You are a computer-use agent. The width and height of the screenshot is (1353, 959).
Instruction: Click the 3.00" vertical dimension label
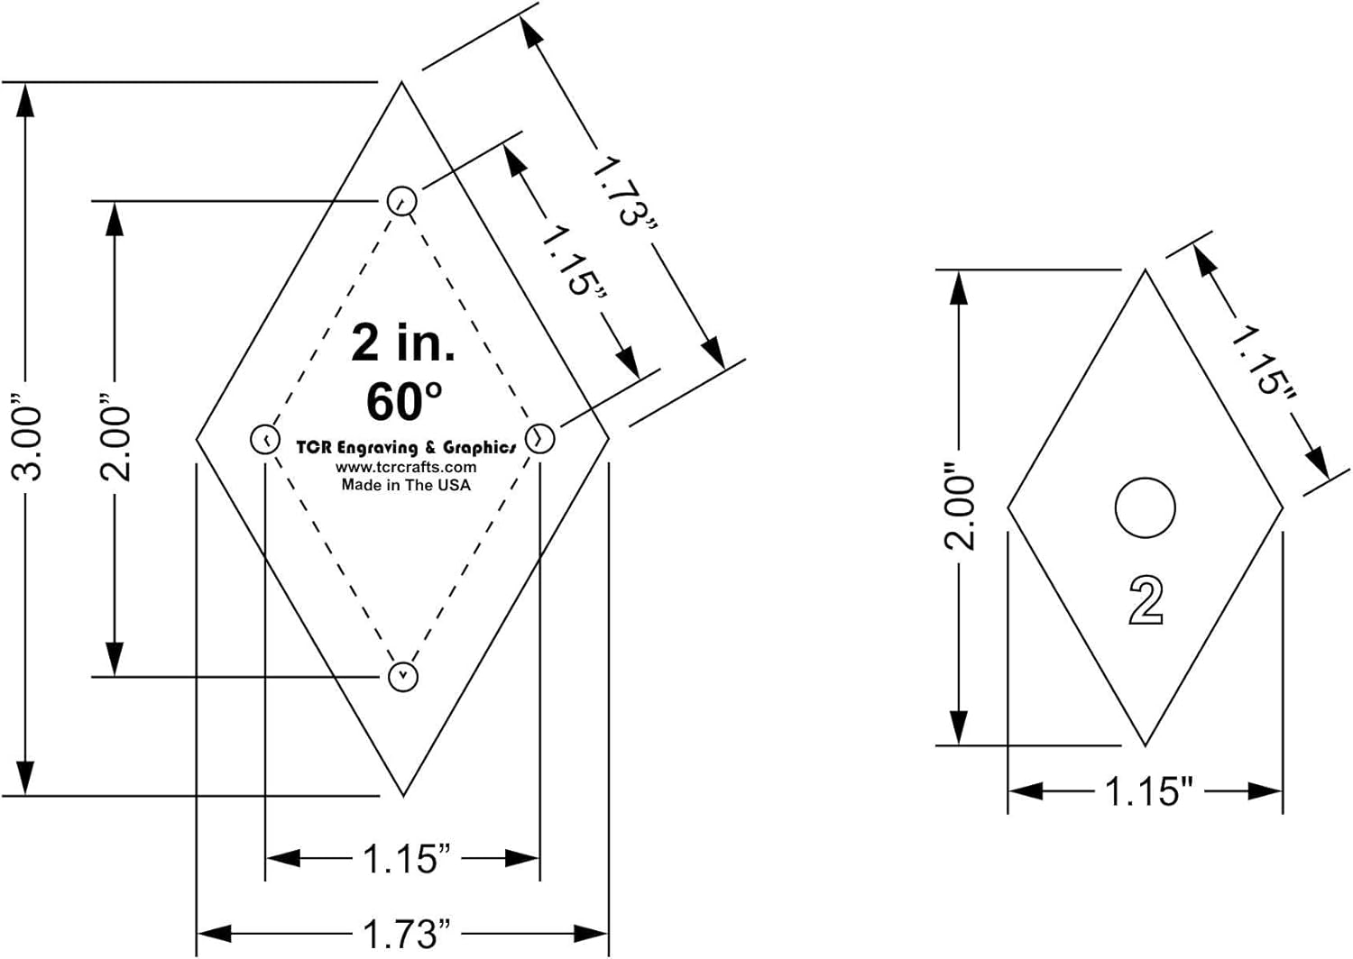click(28, 438)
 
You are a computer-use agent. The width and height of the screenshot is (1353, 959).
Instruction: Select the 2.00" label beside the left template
click(116, 438)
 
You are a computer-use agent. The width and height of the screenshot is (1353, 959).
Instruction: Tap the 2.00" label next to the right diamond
click(960, 508)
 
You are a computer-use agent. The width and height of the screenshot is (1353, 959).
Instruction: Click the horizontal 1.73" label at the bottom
click(405, 934)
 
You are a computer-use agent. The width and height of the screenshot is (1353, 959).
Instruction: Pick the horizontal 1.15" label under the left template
click(405, 859)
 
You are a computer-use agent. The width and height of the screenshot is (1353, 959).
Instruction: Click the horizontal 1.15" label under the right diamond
click(1148, 791)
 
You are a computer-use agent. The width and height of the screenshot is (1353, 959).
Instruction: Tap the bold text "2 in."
click(403, 343)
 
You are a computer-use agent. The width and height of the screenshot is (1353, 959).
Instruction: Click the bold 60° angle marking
click(404, 401)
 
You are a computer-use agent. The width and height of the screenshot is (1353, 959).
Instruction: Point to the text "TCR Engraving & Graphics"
click(406, 447)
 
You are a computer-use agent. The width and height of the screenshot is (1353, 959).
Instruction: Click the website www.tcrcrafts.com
click(406, 467)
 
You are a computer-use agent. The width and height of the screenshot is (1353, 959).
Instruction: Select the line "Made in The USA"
click(406, 485)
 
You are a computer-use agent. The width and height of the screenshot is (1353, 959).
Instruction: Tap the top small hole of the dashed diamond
click(401, 201)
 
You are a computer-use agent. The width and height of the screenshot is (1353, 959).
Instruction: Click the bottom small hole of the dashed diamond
click(402, 676)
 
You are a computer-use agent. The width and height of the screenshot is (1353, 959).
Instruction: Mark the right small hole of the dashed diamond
click(539, 439)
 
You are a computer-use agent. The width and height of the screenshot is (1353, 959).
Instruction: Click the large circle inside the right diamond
click(1145, 508)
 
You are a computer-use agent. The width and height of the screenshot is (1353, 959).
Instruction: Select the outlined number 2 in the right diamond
click(1146, 600)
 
